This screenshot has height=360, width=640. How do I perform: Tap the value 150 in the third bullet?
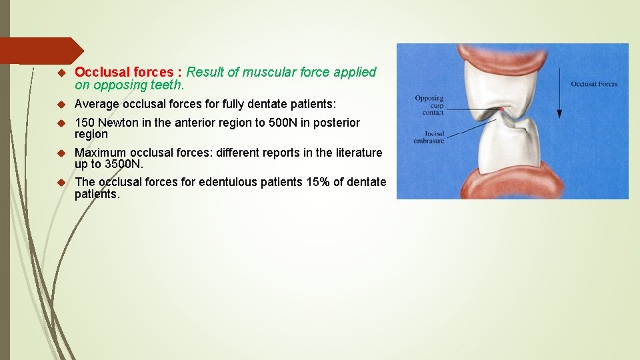[x=85, y=123]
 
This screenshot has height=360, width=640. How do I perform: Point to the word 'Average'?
[x=97, y=104]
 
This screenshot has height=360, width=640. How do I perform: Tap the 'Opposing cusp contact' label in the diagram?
[x=429, y=105]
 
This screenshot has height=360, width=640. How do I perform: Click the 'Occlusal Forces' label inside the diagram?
[x=593, y=84]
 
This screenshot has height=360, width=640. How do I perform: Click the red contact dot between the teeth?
[x=501, y=109]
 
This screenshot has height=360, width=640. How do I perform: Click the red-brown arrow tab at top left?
[x=40, y=51]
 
